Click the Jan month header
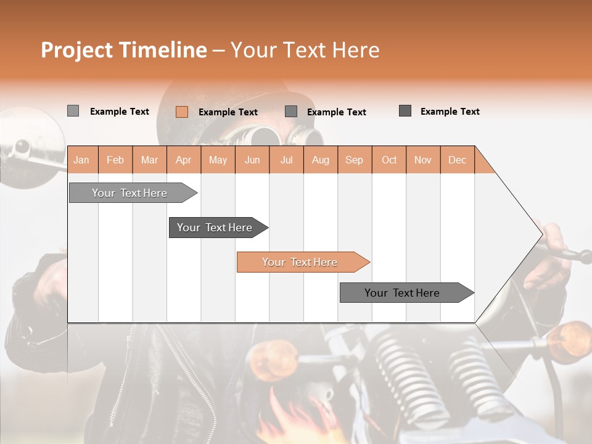[x=81, y=160]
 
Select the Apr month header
[x=184, y=160]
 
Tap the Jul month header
[x=286, y=160]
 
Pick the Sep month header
[x=354, y=160]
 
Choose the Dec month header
[x=457, y=160]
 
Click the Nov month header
[x=423, y=160]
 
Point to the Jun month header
[x=252, y=160]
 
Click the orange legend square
[x=182, y=112]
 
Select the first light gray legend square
[x=73, y=111]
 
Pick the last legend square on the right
[x=405, y=111]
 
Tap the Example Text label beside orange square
[x=228, y=112]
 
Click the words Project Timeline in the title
[x=123, y=50]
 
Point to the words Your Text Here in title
[x=305, y=50]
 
